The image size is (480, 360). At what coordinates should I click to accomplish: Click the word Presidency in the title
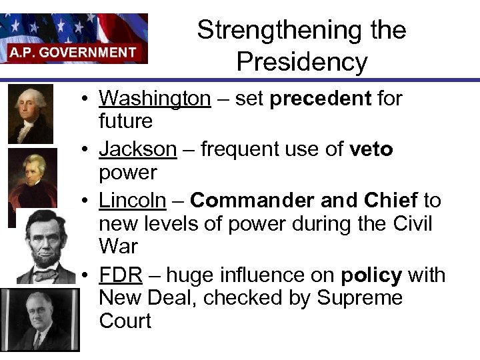click(301, 62)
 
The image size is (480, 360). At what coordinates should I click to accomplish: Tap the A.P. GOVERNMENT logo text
click(73, 52)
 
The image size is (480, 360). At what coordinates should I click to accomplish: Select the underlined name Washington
click(155, 98)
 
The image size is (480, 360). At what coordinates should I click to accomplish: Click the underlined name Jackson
click(138, 149)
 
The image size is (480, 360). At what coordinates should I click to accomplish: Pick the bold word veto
click(371, 149)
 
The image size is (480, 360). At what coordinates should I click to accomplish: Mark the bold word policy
click(372, 275)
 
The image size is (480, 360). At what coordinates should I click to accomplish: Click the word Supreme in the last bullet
click(360, 298)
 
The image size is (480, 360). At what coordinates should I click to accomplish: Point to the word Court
click(125, 321)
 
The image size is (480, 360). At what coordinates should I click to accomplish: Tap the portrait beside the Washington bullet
click(30, 113)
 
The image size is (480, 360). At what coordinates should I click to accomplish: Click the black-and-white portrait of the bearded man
click(46, 245)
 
